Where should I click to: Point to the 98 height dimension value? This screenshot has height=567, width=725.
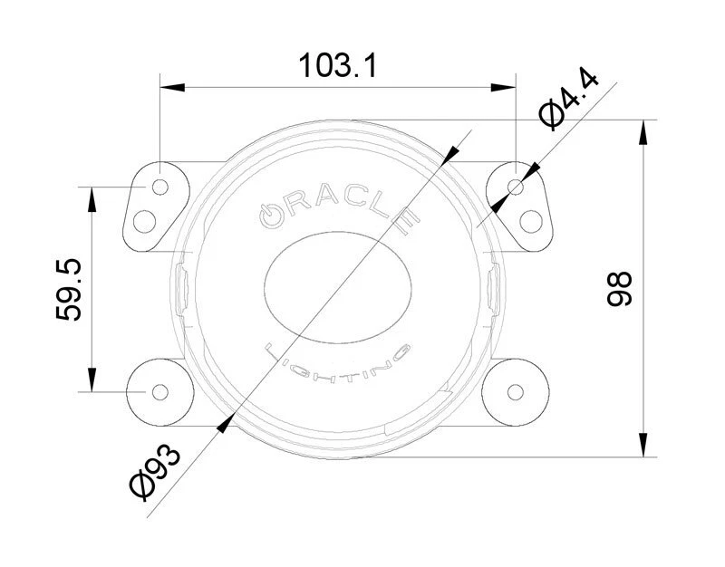pyautogui.click(x=619, y=289)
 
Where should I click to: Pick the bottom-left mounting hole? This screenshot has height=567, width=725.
pyautogui.click(x=160, y=392)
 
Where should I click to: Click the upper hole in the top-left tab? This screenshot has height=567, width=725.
pyautogui.click(x=160, y=187)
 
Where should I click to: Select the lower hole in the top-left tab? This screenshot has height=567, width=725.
pyautogui.click(x=143, y=219)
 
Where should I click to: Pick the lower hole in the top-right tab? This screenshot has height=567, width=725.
pyautogui.click(x=532, y=219)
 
